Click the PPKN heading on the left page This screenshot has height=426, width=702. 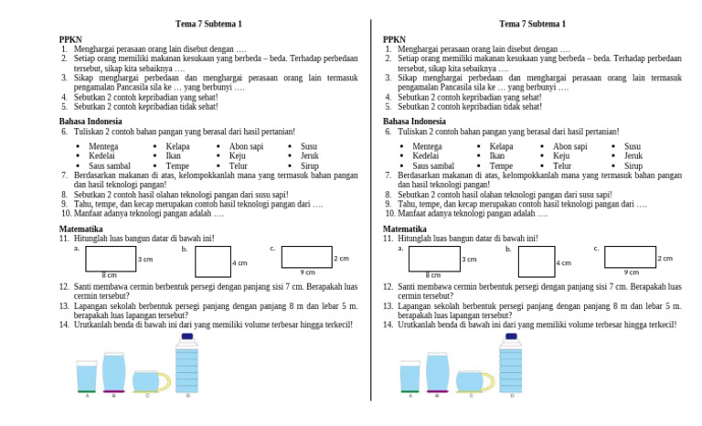pos(70,39)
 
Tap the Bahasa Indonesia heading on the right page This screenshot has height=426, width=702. pos(414,122)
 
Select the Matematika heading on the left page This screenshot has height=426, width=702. pos(82,229)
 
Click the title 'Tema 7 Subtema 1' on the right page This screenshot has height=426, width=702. pos(532,24)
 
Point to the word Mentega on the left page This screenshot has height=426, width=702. pos(103,146)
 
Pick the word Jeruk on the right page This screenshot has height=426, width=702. pos(633,156)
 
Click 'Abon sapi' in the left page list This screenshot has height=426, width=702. pos(246,146)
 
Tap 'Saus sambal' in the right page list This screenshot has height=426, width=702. pos(433,166)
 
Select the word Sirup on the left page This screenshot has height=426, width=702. pos(310,166)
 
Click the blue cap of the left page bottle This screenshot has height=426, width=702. pos(187,337)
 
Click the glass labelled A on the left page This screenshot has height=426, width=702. pos(87,376)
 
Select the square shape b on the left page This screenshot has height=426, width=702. pos(212,261)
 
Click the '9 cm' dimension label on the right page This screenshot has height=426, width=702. pos(632,272)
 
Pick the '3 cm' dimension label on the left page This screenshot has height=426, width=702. pos(145,260)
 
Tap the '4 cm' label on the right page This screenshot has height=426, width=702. pos(564,263)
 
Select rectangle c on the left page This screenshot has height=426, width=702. pos(305,256)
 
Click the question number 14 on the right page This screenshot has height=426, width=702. pos(388,325)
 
